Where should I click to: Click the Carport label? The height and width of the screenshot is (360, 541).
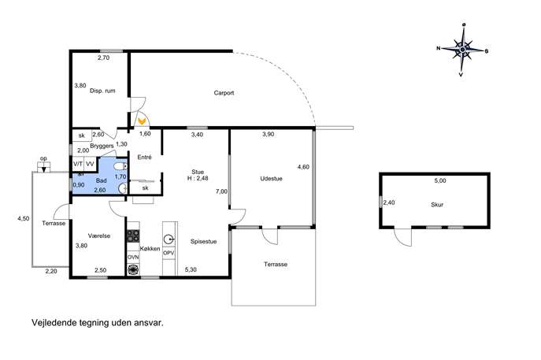tap(224, 93)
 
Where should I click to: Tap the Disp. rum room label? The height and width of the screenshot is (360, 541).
tap(102, 91)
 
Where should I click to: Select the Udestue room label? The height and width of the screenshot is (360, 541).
tap(271, 179)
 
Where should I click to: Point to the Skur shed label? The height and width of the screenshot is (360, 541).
tap(437, 204)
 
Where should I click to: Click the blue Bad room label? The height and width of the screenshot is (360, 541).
tap(102, 180)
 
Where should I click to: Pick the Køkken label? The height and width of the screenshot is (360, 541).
tap(150, 248)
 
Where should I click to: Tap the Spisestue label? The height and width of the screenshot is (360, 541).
tap(204, 242)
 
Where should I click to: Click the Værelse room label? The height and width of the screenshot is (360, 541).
tap(99, 236)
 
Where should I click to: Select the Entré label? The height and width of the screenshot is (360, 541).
tap(145, 157)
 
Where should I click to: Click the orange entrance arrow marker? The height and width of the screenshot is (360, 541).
tap(141, 121)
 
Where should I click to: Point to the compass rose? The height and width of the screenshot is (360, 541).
tap(463, 50)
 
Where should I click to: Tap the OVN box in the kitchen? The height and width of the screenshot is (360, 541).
tap(133, 257)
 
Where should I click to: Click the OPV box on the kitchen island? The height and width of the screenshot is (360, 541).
tap(169, 253)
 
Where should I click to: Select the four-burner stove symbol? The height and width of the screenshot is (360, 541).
tap(133, 236)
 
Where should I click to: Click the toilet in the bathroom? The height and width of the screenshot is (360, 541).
tap(120, 167)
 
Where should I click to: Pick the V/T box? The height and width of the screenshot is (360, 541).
tap(78, 164)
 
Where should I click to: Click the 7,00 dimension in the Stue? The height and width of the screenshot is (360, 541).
tap(221, 191)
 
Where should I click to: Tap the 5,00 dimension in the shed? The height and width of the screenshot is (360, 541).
tap(440, 180)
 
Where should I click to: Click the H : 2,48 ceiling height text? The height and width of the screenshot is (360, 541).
tap(198, 178)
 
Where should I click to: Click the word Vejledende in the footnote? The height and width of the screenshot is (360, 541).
tap(54, 323)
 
